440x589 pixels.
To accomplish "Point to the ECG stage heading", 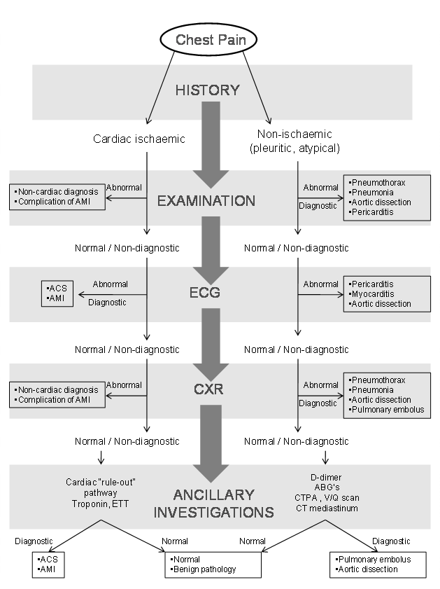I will coord(205,293).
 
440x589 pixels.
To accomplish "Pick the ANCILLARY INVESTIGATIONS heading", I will coord(224,504).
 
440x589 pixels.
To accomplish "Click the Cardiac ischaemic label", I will coord(139,139).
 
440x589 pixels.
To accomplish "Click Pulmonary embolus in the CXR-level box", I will coord(388,409).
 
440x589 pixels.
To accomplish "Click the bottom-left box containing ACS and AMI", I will coord(56,564).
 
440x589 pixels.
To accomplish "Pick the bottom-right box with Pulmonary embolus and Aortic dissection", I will coord(373,564).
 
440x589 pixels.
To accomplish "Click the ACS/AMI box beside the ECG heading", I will coord(57,293).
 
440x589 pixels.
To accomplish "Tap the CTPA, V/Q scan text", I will coord(327,497).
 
